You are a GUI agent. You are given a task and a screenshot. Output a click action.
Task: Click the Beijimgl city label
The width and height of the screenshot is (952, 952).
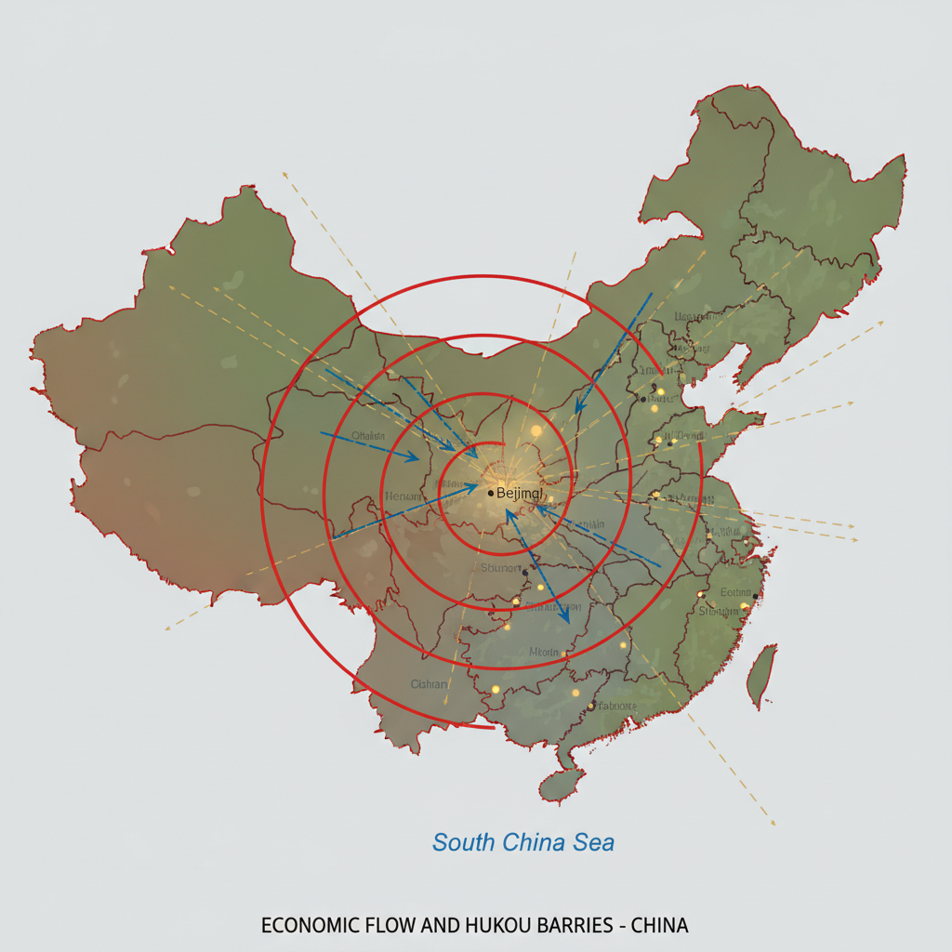tap(518, 493)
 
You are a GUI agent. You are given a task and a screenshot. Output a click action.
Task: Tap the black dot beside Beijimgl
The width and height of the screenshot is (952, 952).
tap(491, 493)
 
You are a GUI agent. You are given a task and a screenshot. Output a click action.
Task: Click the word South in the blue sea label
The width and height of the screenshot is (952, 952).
tap(465, 842)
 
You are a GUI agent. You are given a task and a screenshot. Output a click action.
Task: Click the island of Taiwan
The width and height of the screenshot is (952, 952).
tap(762, 674)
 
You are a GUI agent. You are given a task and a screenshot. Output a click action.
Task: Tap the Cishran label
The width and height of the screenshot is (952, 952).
tap(429, 684)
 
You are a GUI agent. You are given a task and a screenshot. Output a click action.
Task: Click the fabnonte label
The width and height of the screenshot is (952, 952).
tap(614, 707)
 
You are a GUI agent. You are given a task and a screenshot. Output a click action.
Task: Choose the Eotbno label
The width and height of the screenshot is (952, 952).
tap(735, 593)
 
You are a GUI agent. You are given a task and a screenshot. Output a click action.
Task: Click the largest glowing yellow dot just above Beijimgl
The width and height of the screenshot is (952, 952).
tap(535, 431)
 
